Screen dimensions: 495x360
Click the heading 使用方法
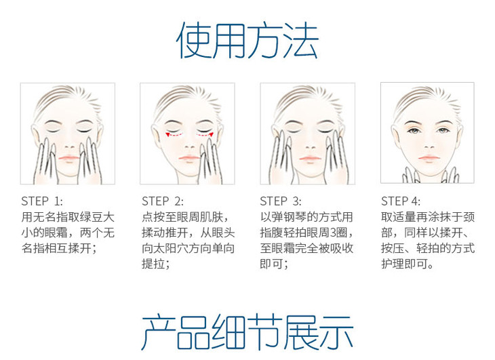pyautogui.click(x=247, y=41)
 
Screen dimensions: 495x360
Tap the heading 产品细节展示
pyautogui.click(x=248, y=332)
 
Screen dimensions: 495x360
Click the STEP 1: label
pyautogui.click(x=41, y=201)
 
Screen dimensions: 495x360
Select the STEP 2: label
pyautogui.click(x=163, y=201)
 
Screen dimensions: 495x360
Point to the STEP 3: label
pyautogui.click(x=281, y=201)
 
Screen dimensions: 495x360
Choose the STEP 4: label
pyautogui.click(x=401, y=201)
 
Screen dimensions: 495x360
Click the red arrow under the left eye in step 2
pyautogui.click(x=174, y=135)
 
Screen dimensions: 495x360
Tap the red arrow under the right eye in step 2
pyautogui.click(x=205, y=135)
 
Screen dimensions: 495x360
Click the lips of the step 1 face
pyautogui.click(x=68, y=158)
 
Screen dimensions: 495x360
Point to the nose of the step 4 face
pyautogui.click(x=429, y=146)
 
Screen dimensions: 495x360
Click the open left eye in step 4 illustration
pyautogui.click(x=413, y=130)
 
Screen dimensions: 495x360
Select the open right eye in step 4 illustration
pyautogui.click(x=443, y=130)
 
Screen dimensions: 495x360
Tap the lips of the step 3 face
pyautogui.click(x=310, y=158)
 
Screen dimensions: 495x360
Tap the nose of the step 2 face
pyautogui.click(x=189, y=146)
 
